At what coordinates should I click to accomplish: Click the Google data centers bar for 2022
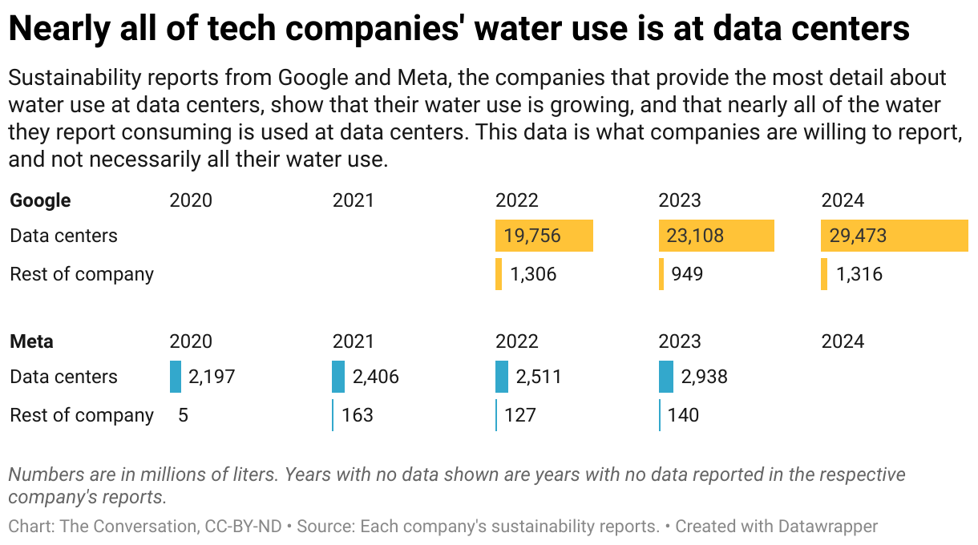[544, 236]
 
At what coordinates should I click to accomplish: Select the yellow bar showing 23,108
[716, 236]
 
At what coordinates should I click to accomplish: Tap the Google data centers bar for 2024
[894, 236]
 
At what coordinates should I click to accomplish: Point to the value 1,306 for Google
[533, 274]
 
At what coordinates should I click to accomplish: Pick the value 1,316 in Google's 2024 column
[859, 274]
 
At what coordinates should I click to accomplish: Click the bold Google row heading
[40, 200]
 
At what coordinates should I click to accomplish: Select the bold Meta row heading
[31, 341]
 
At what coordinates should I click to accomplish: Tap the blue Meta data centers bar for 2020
[176, 377]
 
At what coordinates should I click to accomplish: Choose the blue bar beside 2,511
[502, 377]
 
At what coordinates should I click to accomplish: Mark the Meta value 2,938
[704, 377]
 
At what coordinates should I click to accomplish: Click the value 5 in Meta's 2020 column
[184, 415]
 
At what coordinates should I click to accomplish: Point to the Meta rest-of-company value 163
[357, 415]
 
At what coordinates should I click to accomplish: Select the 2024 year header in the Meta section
[843, 341]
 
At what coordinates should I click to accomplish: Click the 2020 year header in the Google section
[191, 200]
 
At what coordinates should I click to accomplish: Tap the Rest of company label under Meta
[82, 415]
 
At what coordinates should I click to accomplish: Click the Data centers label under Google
[63, 236]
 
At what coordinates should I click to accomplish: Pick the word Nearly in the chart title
[57, 29]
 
